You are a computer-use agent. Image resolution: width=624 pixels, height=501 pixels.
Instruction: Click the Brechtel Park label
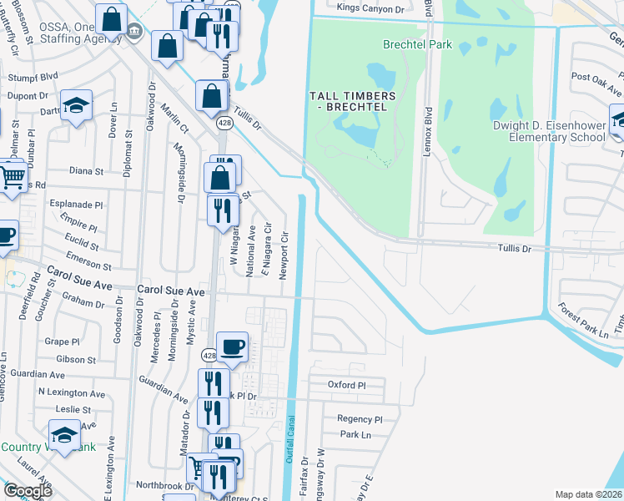(x=416, y=43)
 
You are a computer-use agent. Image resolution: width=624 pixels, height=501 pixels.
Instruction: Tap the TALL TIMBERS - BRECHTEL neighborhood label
(x=350, y=102)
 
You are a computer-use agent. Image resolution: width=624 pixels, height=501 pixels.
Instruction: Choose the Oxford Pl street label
(x=347, y=386)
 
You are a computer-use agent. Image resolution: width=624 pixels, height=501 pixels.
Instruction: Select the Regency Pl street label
(x=360, y=419)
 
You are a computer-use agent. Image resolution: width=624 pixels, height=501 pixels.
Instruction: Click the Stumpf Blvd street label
(x=33, y=76)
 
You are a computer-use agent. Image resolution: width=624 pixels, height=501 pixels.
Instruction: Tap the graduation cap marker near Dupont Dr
(x=76, y=105)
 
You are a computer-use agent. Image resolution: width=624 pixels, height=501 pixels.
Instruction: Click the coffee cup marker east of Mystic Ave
(x=232, y=345)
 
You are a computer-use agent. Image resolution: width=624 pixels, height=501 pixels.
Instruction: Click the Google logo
(x=28, y=491)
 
